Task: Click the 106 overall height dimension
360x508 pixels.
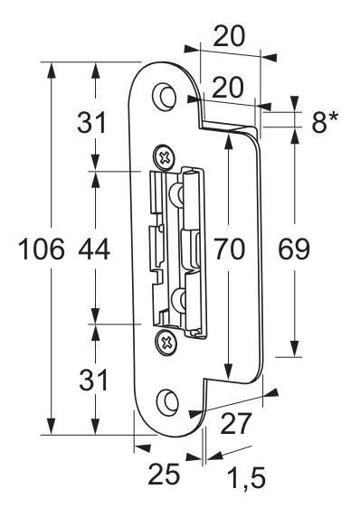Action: click(42, 249)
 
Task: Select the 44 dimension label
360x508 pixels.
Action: click(94, 249)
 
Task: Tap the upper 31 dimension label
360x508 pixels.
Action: click(91, 122)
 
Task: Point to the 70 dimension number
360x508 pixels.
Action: click(230, 249)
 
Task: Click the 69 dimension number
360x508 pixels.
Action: click(294, 249)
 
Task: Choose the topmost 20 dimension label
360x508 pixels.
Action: click(229, 36)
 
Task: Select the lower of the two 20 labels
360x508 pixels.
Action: click(228, 87)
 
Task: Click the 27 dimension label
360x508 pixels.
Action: click(236, 423)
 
